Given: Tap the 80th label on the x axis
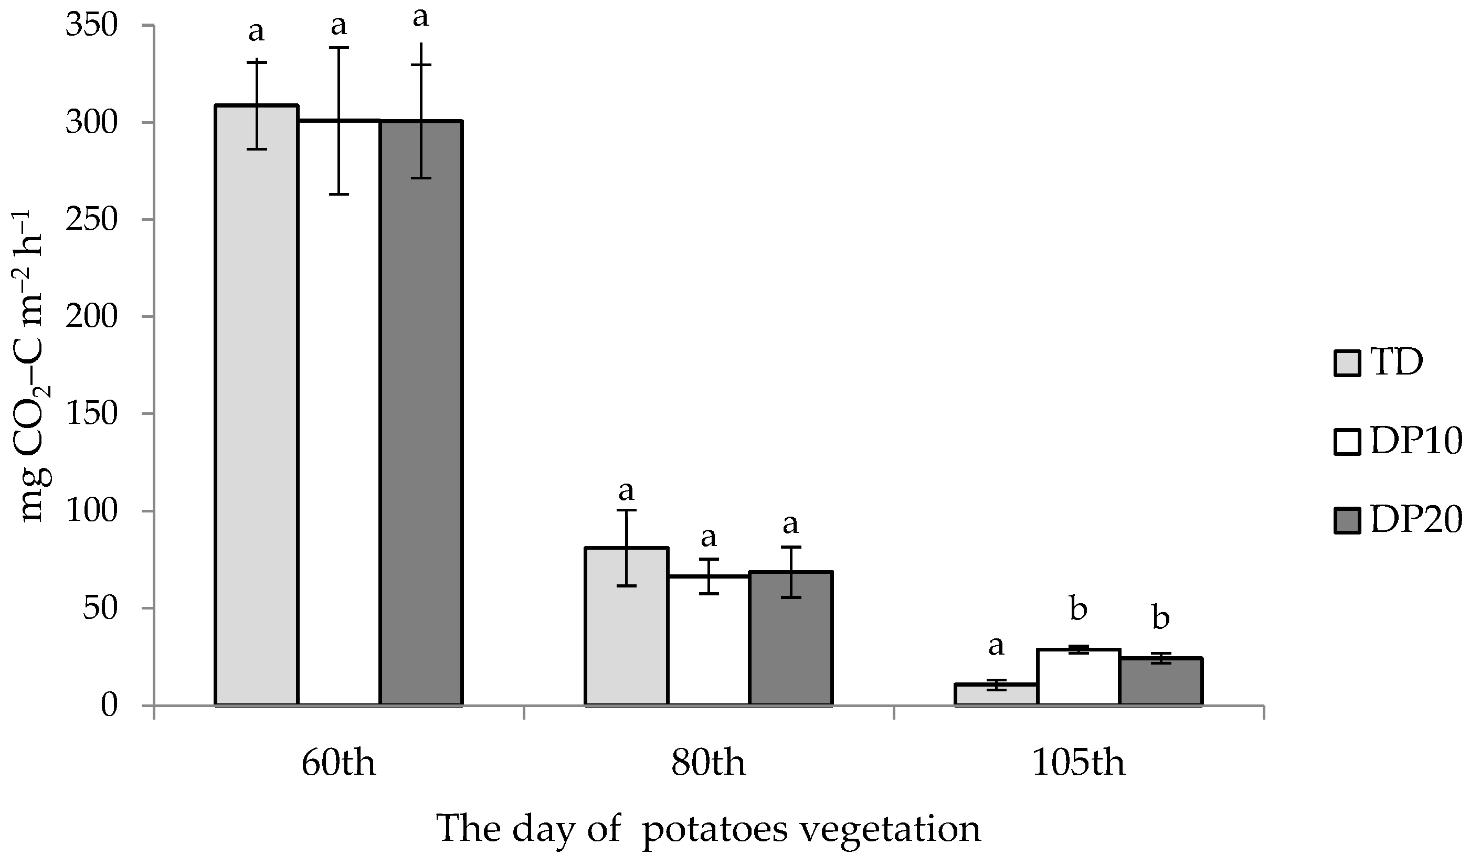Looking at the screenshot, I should point(709,764).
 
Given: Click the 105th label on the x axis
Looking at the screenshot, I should point(1079,764).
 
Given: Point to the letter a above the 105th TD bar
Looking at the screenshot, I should point(996,647).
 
